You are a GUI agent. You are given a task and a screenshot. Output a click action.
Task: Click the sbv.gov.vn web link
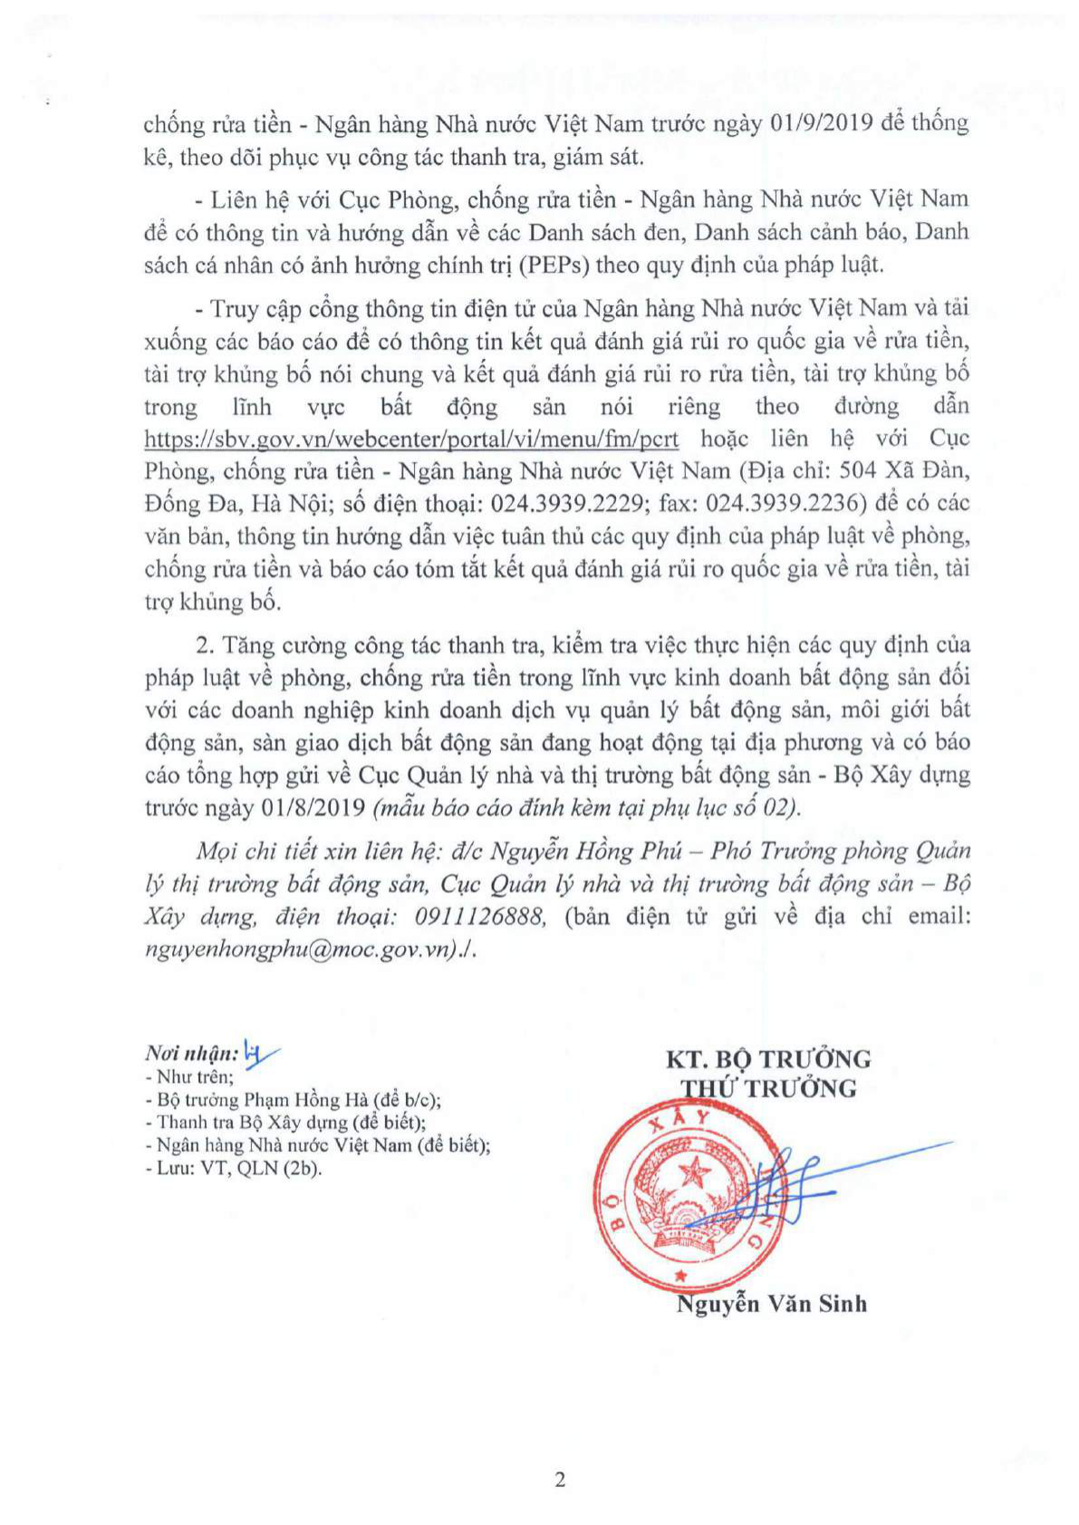(x=411, y=439)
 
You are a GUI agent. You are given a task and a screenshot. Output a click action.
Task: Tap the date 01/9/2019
(x=820, y=122)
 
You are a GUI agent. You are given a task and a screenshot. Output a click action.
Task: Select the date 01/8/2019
(x=312, y=807)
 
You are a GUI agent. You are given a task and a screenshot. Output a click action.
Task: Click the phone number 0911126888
(x=480, y=917)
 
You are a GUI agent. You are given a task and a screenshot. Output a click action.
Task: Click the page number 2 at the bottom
(x=560, y=1480)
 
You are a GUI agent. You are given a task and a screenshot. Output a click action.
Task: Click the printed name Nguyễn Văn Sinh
(x=771, y=1304)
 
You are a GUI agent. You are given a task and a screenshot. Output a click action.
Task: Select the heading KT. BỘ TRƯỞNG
(x=768, y=1058)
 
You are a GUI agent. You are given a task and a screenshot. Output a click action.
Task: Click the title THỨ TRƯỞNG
(x=768, y=1088)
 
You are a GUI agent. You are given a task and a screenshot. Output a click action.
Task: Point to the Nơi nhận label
(x=191, y=1053)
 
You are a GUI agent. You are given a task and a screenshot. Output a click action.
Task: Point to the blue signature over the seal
(x=779, y=1187)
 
